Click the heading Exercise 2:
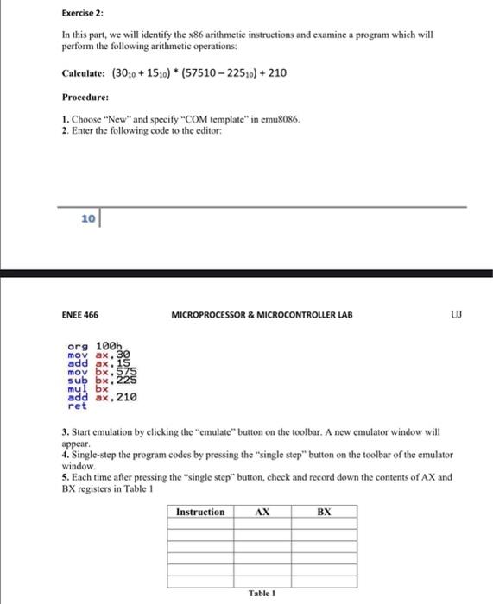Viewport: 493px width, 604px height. click(84, 12)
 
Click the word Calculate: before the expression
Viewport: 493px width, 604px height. click(86, 74)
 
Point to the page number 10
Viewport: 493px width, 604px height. click(88, 220)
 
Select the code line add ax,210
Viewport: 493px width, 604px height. click(102, 396)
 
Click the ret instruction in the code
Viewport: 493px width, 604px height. click(77, 405)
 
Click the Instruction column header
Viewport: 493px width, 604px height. click(199, 512)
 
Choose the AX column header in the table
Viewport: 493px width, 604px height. click(263, 512)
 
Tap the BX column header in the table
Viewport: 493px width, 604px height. click(324, 512)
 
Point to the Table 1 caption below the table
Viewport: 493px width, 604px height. click(260, 594)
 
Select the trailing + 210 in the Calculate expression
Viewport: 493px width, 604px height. click(274, 74)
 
